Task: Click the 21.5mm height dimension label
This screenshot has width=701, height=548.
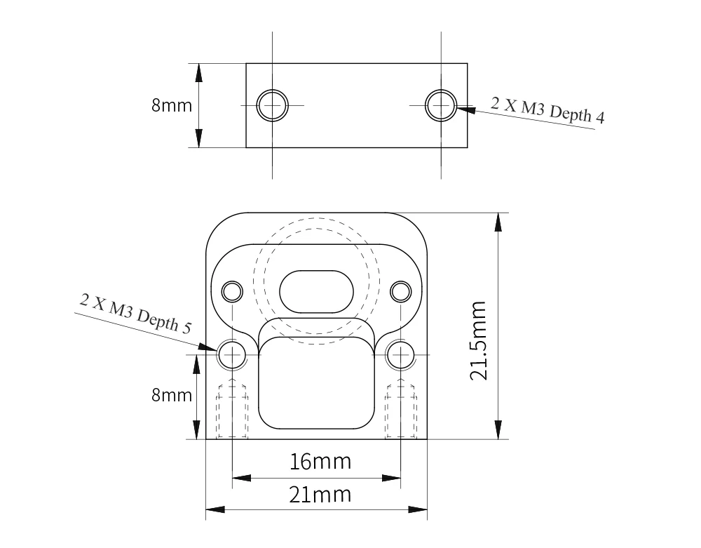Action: click(x=478, y=340)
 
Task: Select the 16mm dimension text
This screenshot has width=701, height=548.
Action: click(x=320, y=462)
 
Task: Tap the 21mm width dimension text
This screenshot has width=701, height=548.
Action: click(x=320, y=495)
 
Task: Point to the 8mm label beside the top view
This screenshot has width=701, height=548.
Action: click(x=172, y=105)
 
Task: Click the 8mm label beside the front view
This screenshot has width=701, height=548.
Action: click(x=172, y=395)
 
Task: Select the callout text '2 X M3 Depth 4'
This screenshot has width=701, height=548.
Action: click(x=547, y=109)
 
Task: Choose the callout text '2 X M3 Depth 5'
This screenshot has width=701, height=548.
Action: click(x=136, y=313)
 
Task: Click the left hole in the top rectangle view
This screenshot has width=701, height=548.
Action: click(x=272, y=105)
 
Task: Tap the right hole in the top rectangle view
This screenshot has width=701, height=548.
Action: click(x=441, y=105)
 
